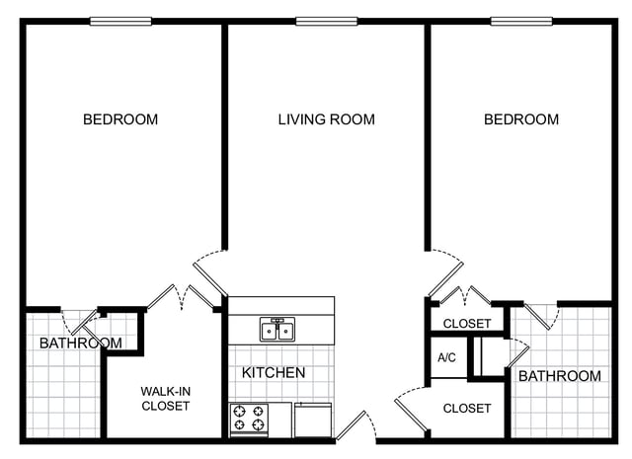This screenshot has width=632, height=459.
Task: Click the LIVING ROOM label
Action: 327,119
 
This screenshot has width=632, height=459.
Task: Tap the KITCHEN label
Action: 274,372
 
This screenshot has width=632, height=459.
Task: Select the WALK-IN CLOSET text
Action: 166,399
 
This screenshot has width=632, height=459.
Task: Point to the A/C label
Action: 446,357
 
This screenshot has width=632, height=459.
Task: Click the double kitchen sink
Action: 277,330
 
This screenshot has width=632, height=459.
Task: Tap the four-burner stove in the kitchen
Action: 249,420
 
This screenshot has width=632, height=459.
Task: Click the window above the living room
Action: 327,21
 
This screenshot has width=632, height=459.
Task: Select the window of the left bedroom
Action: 120,21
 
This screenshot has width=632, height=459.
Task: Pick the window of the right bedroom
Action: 521,21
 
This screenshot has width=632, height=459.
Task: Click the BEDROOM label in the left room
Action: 120,119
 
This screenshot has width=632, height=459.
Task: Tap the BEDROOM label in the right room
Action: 521,119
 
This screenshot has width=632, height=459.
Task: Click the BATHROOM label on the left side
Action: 81,343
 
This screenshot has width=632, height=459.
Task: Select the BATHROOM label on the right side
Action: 560,376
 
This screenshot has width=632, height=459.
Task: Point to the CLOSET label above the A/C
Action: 467,323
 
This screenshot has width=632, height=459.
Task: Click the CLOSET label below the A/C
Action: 467,409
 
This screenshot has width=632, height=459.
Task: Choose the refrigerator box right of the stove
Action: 313,420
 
